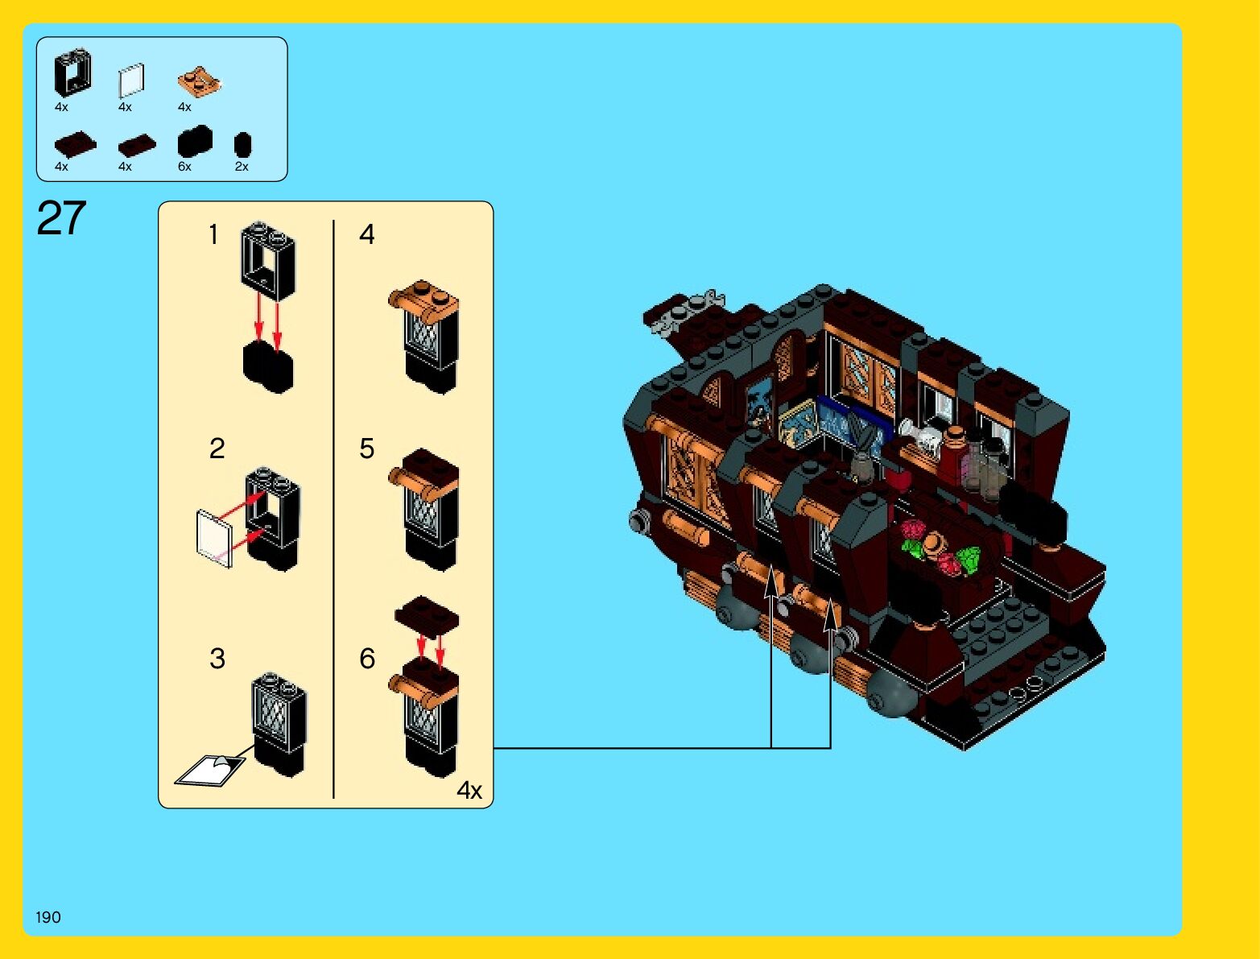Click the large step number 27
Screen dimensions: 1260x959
pos(61,218)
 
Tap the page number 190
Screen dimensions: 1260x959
pos(48,917)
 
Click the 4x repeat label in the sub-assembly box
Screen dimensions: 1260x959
pos(469,790)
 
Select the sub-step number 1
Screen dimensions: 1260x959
pos(213,234)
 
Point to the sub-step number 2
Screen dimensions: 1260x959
pos(217,448)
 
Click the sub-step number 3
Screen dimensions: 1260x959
pos(217,659)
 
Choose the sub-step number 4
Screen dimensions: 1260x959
pos(367,234)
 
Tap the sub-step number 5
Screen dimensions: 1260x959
pos(367,448)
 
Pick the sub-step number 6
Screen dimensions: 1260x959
pos(367,659)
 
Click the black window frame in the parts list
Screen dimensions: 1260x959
pos(72,74)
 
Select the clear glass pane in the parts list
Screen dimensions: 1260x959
pos(131,81)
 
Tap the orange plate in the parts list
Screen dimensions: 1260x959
pos(199,81)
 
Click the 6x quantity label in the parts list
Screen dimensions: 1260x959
pos(184,167)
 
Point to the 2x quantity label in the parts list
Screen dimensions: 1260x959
pos(242,167)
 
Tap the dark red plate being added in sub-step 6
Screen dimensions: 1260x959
pos(427,616)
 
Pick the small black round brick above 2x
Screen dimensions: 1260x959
pos(242,145)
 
